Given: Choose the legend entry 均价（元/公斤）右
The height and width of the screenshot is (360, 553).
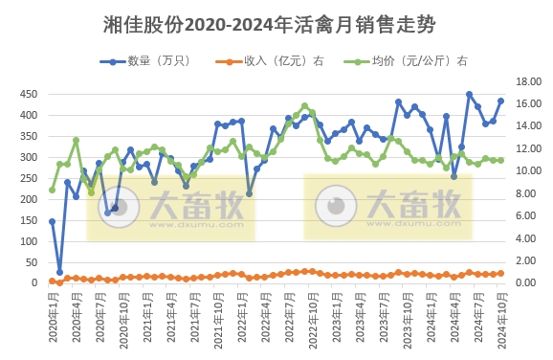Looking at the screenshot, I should pos(407,60).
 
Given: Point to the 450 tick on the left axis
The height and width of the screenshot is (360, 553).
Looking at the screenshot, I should pos(30,94).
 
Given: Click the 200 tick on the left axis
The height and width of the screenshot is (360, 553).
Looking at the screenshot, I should pos(30,199).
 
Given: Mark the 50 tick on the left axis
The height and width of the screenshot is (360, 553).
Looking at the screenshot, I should pos(33,262).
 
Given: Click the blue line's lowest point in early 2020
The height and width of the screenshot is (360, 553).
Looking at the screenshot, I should pos(59,272).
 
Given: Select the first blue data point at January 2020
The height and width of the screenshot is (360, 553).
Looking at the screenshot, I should pos(52,221).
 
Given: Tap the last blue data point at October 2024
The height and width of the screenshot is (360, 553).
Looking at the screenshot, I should pos(500,101).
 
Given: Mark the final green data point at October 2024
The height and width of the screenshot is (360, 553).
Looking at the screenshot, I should pos(500,160).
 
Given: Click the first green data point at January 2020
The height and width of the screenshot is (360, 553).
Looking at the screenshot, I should pos(52,190).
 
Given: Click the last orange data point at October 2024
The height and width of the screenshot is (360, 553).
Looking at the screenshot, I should pos(500,273).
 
